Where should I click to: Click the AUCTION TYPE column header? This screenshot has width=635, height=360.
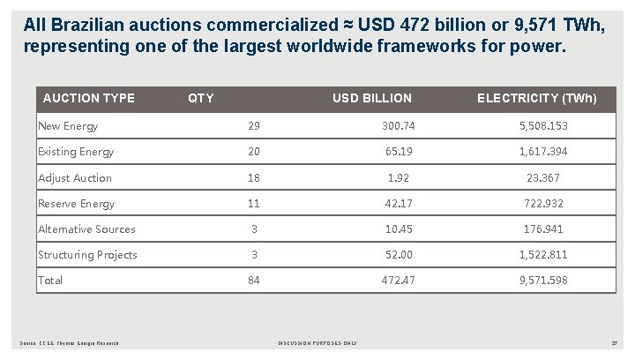(x=88, y=97)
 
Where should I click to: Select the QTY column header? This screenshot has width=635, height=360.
(x=201, y=97)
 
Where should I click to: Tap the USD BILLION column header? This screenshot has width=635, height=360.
(x=371, y=97)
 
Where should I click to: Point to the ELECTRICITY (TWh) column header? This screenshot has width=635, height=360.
(x=536, y=97)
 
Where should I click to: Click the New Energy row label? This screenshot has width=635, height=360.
(x=68, y=126)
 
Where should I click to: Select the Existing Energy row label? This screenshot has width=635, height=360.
(x=76, y=152)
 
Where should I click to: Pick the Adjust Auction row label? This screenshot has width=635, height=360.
(x=75, y=177)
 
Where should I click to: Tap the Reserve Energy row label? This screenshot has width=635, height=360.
(x=76, y=203)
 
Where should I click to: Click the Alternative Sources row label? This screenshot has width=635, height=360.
(x=86, y=229)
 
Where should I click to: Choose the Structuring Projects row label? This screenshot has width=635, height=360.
(x=87, y=255)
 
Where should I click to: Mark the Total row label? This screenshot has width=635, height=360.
(x=51, y=281)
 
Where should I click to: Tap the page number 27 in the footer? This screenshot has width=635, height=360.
(x=615, y=343)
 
